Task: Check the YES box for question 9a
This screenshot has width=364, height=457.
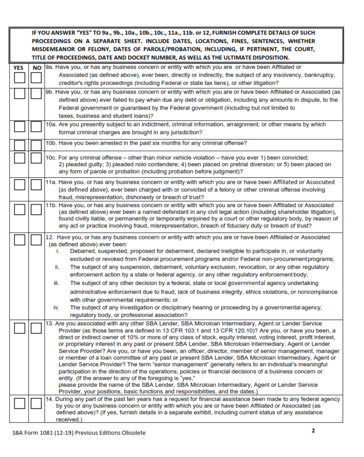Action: [x=19, y=78]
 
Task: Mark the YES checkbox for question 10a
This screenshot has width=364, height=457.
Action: [x=19, y=127]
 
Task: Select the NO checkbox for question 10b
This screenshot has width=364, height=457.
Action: [x=36, y=145]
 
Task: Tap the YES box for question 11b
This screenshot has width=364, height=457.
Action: [x=19, y=209]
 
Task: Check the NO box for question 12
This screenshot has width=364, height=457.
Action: [x=36, y=240]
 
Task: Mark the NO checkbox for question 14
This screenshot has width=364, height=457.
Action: [x=36, y=403]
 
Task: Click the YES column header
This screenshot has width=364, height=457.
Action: [x=19, y=68]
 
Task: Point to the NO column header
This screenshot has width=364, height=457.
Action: [x=36, y=68]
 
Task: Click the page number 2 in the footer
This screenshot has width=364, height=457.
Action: [x=313, y=431]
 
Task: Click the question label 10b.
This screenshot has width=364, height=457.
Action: [x=51, y=143]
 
